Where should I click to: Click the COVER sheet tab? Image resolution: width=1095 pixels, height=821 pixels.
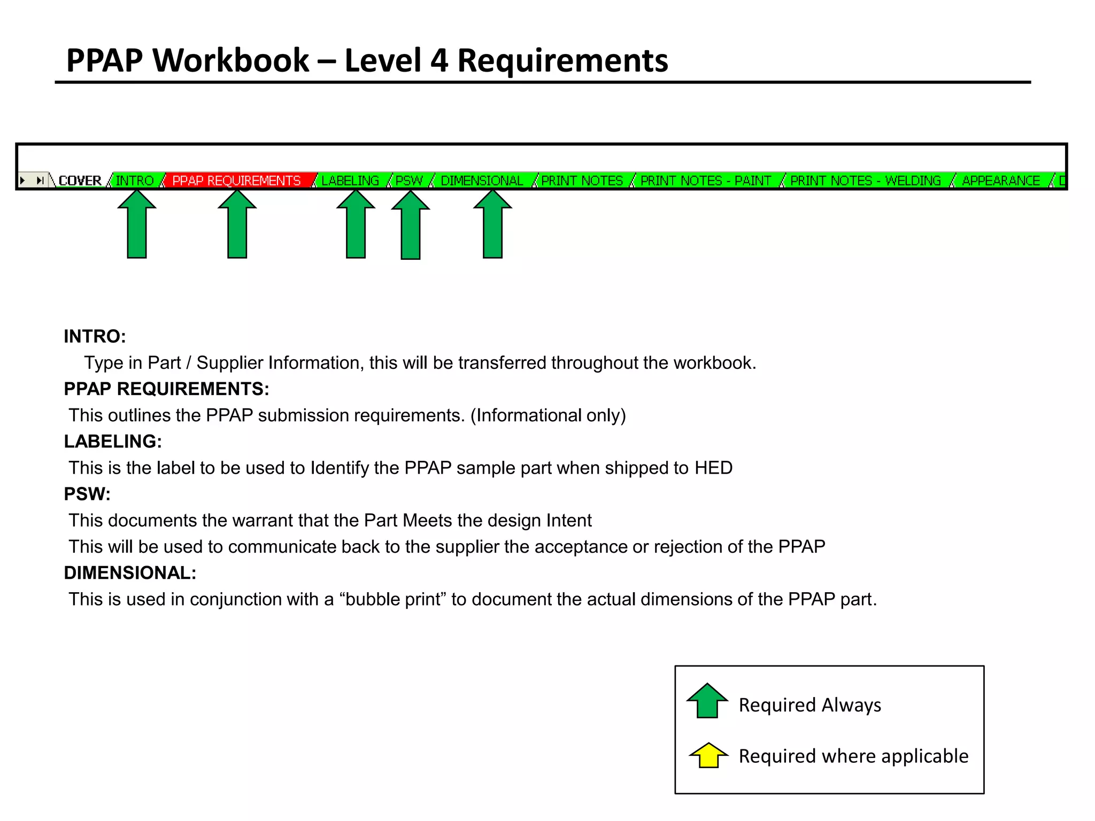click(80, 181)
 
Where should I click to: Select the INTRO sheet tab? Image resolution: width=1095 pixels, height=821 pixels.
click(135, 181)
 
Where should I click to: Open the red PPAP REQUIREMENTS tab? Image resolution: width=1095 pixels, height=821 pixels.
click(236, 181)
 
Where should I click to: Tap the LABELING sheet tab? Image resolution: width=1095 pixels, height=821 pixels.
click(350, 181)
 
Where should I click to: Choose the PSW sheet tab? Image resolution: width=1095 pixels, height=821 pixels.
click(409, 181)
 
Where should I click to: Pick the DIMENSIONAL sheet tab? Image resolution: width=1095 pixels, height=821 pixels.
click(482, 181)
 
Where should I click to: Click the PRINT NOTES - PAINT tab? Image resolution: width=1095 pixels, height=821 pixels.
click(706, 181)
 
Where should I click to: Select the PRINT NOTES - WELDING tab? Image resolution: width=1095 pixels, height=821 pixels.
click(866, 181)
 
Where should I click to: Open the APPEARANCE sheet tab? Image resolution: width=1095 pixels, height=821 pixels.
click(1001, 181)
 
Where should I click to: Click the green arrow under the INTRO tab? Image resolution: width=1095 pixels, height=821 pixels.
click(137, 224)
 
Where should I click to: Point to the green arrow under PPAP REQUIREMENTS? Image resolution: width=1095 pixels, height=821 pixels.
click(237, 224)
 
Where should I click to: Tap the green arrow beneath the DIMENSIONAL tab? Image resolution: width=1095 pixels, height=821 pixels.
click(492, 224)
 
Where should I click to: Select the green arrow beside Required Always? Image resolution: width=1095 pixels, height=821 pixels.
click(707, 701)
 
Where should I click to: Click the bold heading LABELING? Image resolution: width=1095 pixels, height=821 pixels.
click(113, 442)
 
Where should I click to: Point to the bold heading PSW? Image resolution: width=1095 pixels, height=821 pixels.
click(87, 494)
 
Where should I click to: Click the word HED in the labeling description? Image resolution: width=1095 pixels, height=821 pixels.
click(713, 468)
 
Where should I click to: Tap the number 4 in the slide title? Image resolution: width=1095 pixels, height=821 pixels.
click(439, 60)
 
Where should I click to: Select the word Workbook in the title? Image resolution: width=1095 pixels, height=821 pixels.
click(231, 60)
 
